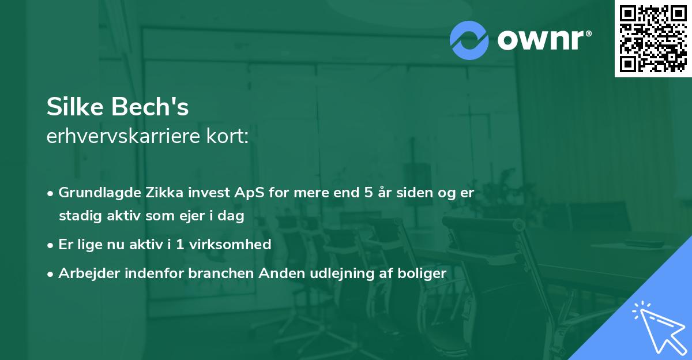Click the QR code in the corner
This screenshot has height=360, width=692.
click(653, 38)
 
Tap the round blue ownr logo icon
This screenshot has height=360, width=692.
click(469, 40)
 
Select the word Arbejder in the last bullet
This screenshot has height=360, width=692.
click(85, 273)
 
